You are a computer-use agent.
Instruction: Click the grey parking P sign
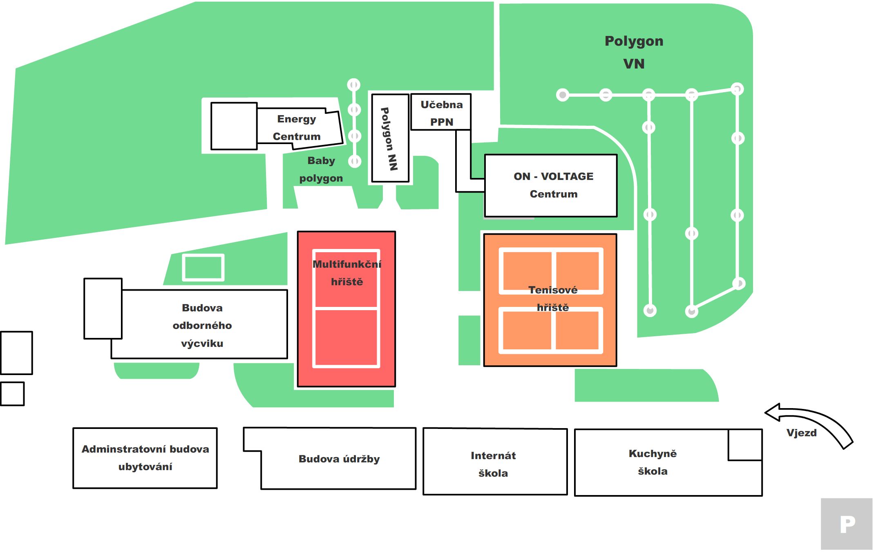point(847,524)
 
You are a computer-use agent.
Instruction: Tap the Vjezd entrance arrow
point(811,422)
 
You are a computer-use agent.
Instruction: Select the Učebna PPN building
point(441,112)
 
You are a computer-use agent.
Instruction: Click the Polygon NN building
point(390,138)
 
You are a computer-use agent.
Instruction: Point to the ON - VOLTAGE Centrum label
point(553,185)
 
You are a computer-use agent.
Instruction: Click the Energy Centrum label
point(297,128)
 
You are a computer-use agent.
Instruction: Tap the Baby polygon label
point(321,169)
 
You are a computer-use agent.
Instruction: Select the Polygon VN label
point(634,52)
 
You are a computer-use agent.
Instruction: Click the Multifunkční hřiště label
point(346,273)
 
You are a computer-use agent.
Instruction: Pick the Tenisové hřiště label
point(552,299)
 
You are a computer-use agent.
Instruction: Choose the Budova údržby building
point(339,459)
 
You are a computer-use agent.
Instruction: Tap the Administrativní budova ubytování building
point(145,458)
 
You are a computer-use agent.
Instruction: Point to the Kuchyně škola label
point(653,462)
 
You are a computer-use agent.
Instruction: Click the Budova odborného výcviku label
point(202,326)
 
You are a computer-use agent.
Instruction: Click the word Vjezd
point(801,433)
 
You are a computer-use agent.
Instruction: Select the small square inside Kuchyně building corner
point(745,445)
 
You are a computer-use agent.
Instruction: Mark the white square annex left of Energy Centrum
point(234,126)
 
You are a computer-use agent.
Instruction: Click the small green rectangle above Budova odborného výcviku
point(203,268)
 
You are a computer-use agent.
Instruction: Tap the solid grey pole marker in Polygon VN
point(563,95)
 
